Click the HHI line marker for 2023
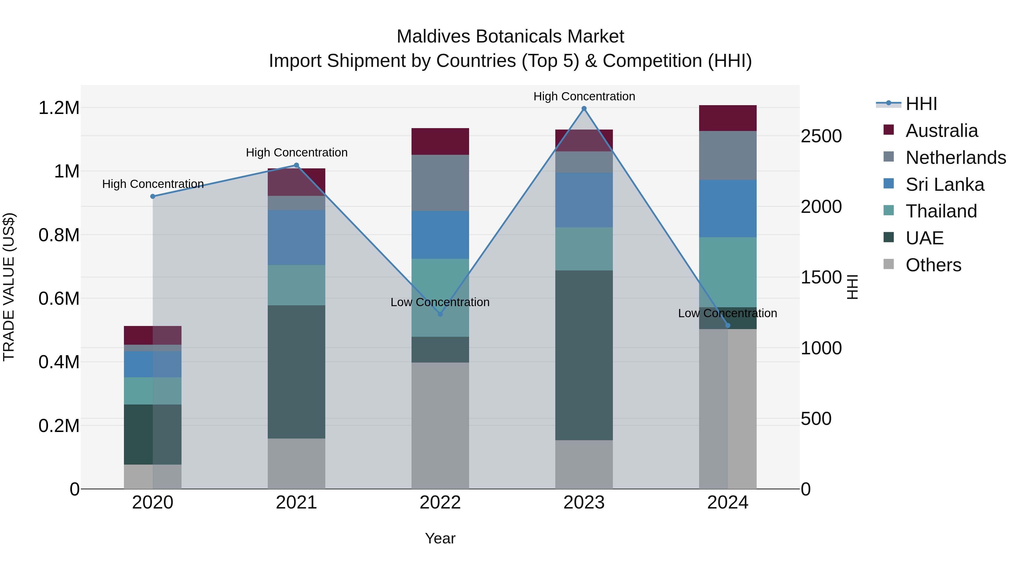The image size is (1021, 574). pos(584,109)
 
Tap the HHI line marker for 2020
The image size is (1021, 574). pos(153,196)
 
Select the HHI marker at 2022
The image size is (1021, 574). pos(440,314)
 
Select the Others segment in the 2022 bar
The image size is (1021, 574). pos(440,425)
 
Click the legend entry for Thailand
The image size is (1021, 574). pos(941,211)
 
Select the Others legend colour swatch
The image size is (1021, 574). pos(889,264)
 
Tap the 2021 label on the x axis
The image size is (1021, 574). pos(296,503)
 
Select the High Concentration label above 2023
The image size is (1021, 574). pos(584,96)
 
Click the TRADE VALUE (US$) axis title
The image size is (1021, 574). pos(9,287)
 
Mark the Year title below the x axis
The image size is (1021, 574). pos(440,538)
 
